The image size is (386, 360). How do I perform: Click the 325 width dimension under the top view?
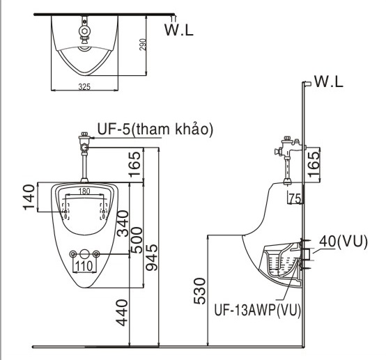(84, 87)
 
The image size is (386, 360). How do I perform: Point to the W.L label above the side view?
(330, 82)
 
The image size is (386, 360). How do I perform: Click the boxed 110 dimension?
(84, 265)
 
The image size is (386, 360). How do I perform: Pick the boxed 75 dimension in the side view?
(294, 199)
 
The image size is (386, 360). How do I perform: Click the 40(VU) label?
(343, 241)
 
